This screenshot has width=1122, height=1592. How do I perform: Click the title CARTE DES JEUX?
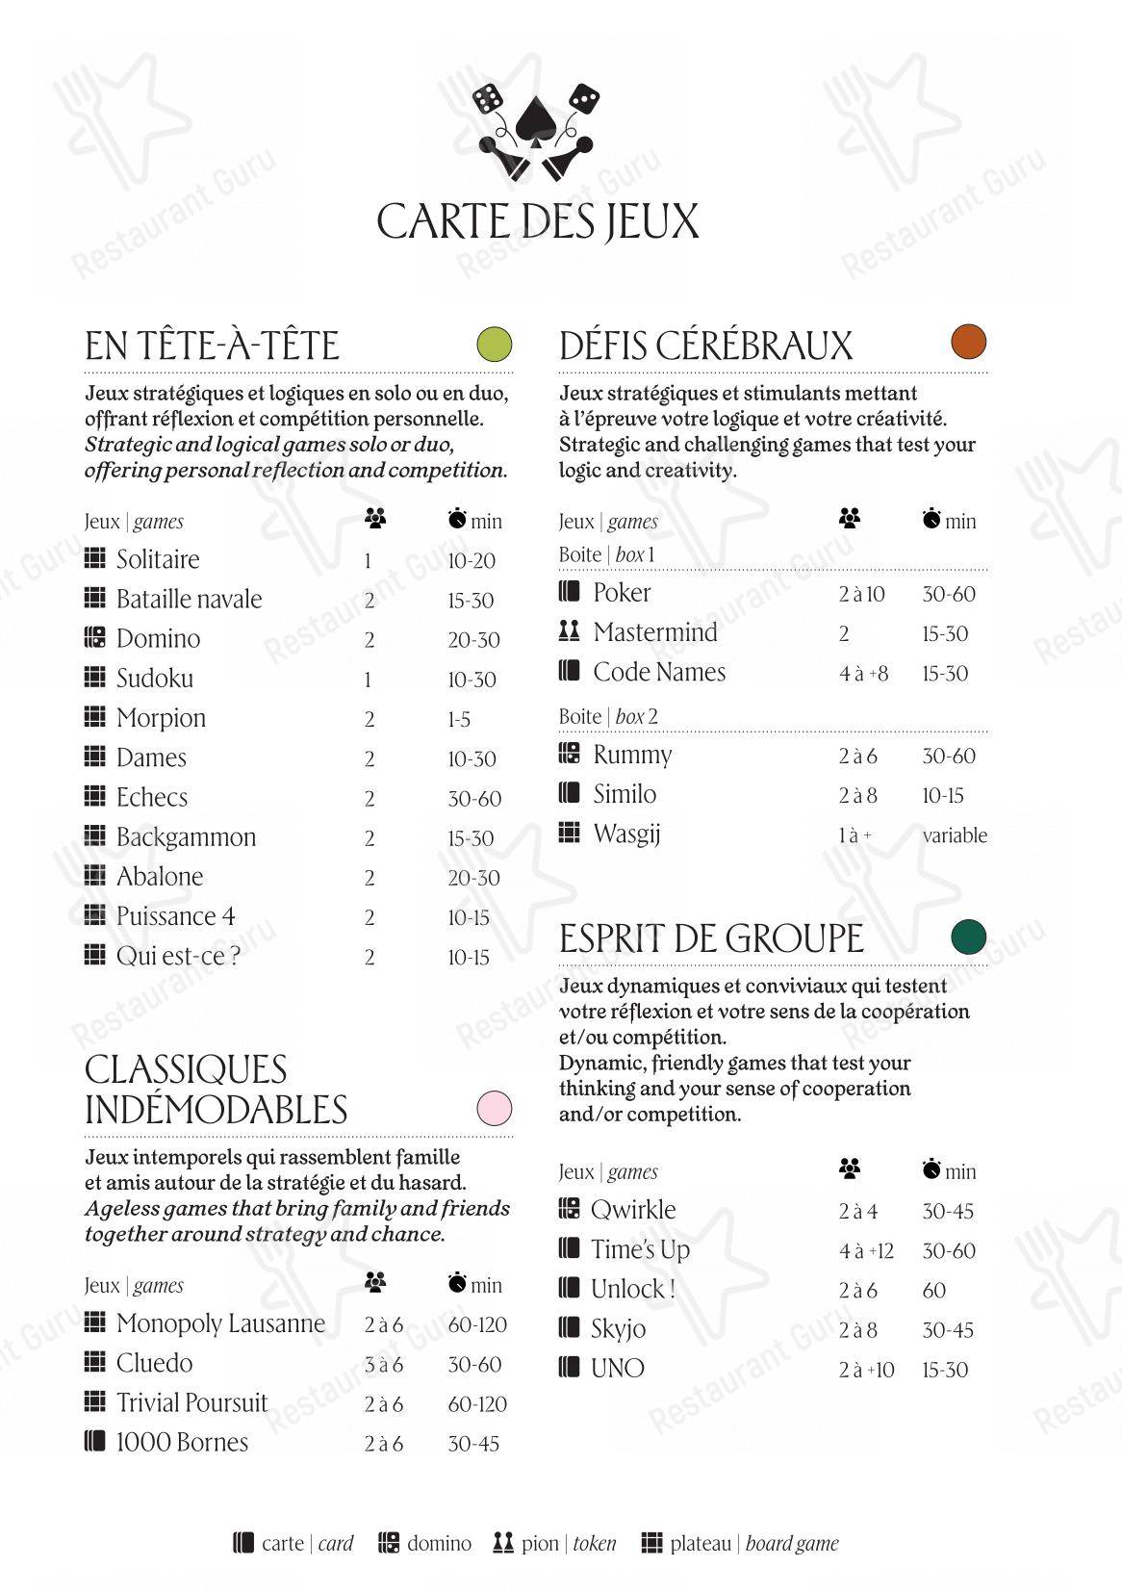[x=537, y=221]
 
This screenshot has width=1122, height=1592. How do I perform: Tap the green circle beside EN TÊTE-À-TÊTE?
[x=495, y=344]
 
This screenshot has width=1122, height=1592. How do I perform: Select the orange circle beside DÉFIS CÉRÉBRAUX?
[x=969, y=342]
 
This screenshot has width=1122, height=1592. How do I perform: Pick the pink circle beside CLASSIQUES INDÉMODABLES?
[x=495, y=1108]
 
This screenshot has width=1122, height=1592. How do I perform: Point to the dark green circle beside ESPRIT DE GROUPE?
[x=969, y=936]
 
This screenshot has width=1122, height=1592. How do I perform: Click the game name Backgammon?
[x=186, y=837]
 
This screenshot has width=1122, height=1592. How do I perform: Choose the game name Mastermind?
[x=655, y=632]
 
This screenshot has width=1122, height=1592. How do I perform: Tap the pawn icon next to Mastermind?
[x=569, y=631]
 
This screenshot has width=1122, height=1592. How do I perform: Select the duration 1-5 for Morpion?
[x=459, y=720]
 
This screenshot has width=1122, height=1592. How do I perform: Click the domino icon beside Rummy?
[x=569, y=754]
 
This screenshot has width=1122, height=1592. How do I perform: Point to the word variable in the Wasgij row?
[x=955, y=835]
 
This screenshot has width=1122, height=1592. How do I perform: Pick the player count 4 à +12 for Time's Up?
[x=866, y=1251]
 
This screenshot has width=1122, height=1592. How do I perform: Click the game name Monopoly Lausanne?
[x=220, y=1323]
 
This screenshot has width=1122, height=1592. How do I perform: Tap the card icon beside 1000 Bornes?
[x=94, y=1441]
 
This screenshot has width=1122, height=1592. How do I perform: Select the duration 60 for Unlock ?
[x=934, y=1291]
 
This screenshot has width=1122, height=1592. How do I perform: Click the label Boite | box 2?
[x=608, y=716]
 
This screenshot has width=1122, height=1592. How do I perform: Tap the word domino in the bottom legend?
[x=439, y=1544]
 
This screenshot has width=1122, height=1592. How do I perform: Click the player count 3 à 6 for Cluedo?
[x=383, y=1365]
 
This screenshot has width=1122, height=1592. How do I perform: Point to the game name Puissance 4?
[x=175, y=916]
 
